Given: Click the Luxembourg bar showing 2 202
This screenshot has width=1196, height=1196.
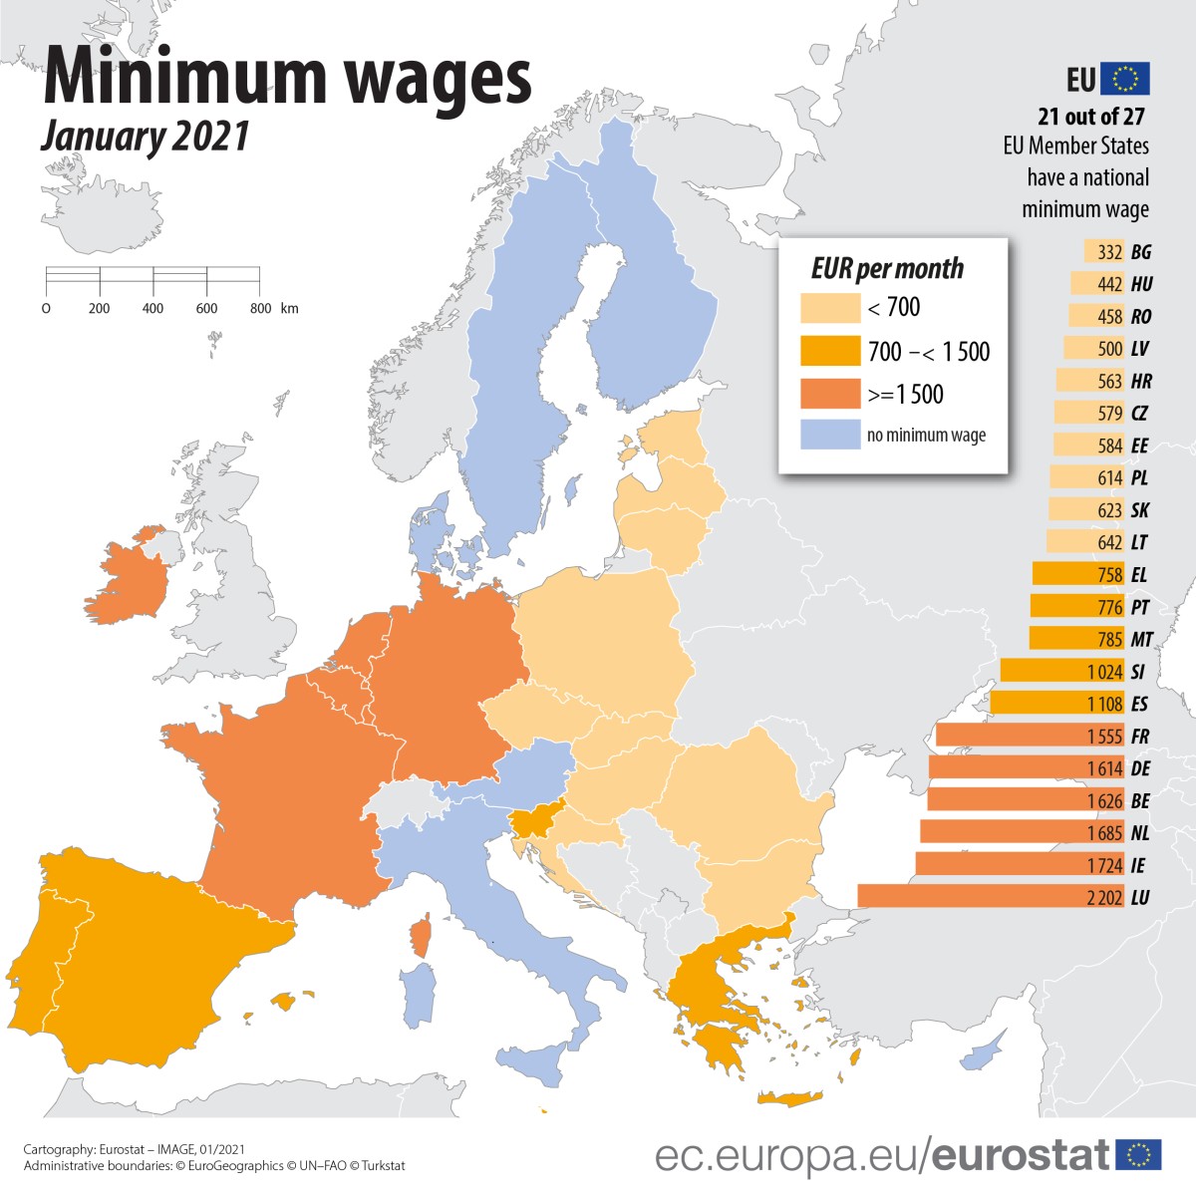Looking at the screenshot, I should tap(992, 897).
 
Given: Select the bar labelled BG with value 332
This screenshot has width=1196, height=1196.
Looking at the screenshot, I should tap(1104, 252).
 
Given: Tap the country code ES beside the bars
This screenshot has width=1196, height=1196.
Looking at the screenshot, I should tap(1139, 704).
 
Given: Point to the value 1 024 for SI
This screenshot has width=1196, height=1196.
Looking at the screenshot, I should tap(1104, 672).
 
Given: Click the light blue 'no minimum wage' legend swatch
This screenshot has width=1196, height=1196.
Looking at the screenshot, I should tap(829, 435).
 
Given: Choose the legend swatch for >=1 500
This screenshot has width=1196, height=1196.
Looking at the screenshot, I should tap(829, 394).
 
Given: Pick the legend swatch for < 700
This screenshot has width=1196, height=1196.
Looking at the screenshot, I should tap(829, 308).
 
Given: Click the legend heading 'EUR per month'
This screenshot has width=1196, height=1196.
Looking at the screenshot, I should tap(887, 269).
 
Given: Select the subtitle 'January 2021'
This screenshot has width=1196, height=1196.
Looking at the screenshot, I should tap(146, 137).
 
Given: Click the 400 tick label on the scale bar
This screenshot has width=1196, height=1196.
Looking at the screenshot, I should tap(152, 309).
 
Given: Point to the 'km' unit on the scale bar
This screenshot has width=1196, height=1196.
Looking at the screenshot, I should tap(289, 309).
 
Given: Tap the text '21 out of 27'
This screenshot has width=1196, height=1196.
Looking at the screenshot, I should tap(1091, 117).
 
